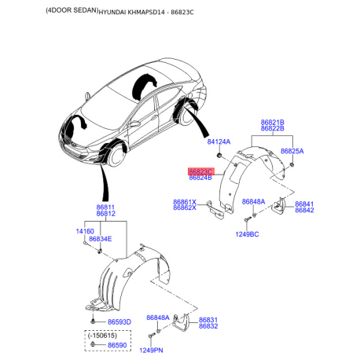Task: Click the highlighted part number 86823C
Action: [201, 171]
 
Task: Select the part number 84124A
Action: [219, 141]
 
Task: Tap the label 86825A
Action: [292, 151]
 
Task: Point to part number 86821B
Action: [273, 123]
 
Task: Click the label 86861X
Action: [185, 202]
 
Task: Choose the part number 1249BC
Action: [247, 234]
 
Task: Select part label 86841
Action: [304, 204]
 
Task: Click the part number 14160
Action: [85, 231]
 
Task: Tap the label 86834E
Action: [101, 239]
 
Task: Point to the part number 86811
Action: [105, 208]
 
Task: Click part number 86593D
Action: [119, 322]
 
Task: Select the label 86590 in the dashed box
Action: [117, 345]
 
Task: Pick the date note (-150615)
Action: [102, 336]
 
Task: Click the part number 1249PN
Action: [151, 351]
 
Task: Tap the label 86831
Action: [208, 320]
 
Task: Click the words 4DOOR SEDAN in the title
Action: [72, 10]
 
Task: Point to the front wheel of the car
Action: [117, 155]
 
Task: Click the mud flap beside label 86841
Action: [279, 206]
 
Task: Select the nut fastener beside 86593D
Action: [93, 321]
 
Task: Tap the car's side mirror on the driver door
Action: [134, 123]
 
